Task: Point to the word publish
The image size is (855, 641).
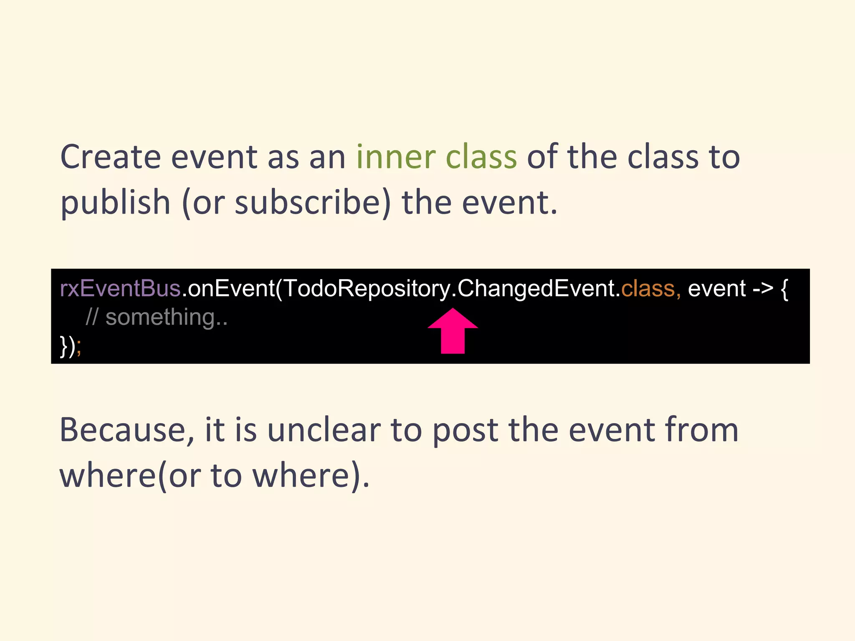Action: coord(115,203)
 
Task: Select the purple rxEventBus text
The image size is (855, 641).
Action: coord(120,288)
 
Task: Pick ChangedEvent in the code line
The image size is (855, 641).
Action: coord(536,288)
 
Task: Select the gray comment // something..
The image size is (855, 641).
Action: coord(157,317)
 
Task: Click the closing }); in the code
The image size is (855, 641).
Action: coord(71,346)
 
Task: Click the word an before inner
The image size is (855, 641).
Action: coord(327,158)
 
